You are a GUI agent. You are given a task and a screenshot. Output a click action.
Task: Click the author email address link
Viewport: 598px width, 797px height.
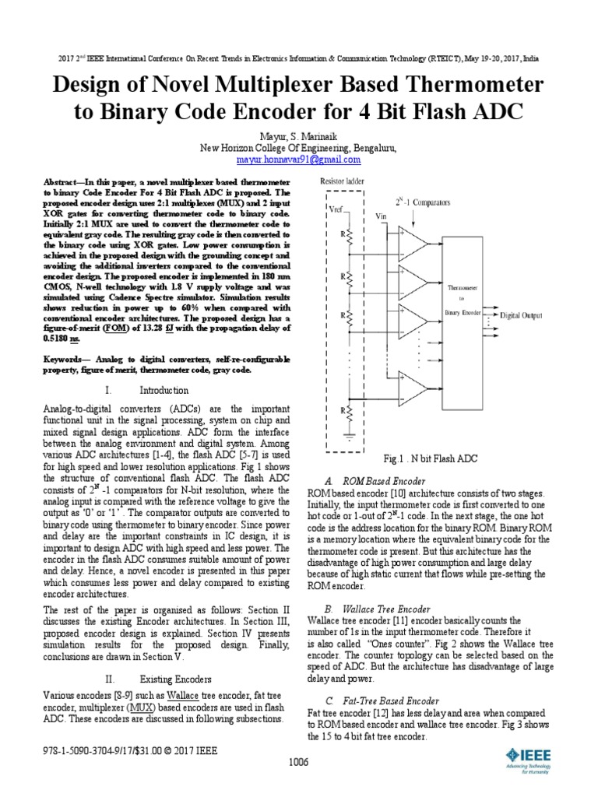click(298, 159)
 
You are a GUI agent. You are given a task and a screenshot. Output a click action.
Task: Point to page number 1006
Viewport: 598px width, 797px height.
click(298, 763)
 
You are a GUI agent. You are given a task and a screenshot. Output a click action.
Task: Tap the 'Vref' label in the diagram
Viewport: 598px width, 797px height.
click(336, 209)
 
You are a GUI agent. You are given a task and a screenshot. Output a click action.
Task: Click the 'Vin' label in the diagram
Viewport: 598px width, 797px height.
click(382, 216)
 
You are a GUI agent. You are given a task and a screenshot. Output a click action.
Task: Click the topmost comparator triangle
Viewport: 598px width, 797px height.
click(413, 240)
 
